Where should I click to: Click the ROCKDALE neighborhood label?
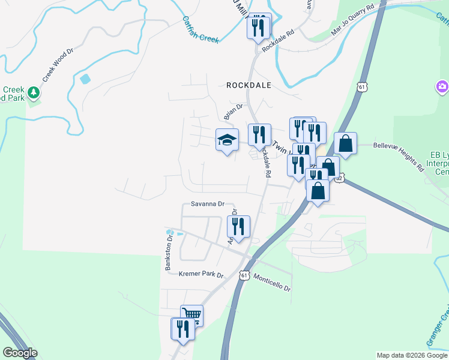point(249,85)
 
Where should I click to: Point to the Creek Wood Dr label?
point(58,65)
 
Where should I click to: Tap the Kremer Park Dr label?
point(201,275)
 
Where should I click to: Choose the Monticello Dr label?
point(272,283)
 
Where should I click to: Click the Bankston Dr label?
point(170,253)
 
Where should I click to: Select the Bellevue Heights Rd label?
point(399,153)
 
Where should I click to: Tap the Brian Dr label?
point(232,112)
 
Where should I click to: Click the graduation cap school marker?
point(227,140)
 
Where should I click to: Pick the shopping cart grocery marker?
point(191,314)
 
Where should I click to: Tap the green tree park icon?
point(34,92)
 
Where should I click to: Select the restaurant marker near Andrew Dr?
point(238,227)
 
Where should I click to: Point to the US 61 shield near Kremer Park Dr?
point(243,275)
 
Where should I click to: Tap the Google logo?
point(20,353)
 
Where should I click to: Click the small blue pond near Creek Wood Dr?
point(85,79)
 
